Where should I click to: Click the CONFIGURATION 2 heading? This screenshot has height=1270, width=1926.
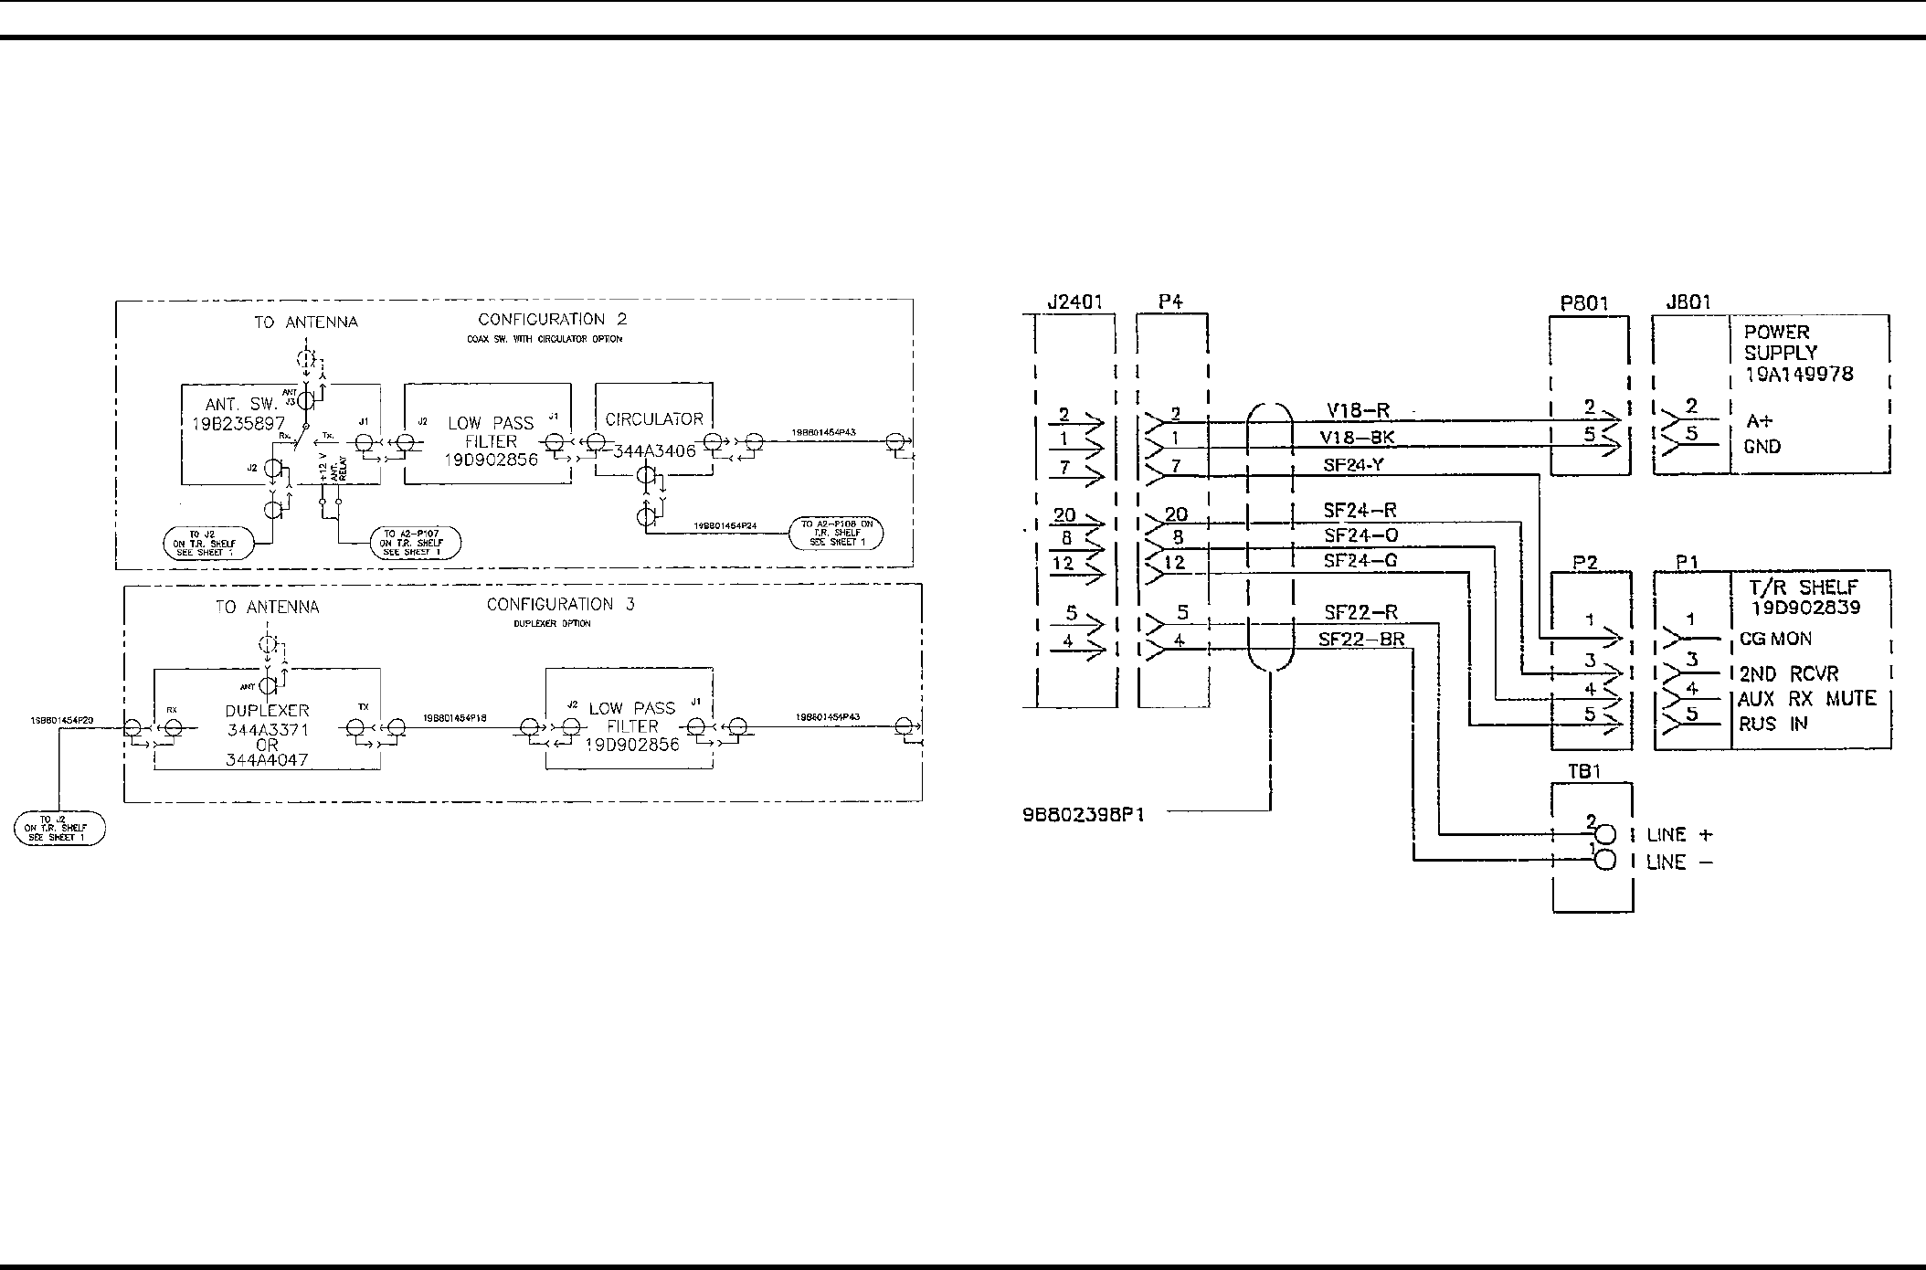point(553,320)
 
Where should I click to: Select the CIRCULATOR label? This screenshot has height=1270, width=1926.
point(654,419)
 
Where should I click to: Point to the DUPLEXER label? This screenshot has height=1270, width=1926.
point(267,710)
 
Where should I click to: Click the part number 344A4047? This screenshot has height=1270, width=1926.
point(267,760)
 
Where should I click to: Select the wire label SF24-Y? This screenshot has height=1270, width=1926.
point(1354,465)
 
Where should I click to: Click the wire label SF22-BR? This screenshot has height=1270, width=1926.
point(1361,640)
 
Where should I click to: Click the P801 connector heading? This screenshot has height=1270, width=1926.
point(1584,303)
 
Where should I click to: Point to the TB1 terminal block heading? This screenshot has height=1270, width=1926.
point(1585,771)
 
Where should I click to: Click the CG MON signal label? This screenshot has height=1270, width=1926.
point(1775,639)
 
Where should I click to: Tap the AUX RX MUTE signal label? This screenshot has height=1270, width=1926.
point(1806,699)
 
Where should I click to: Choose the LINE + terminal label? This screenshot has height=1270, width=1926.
point(1679,835)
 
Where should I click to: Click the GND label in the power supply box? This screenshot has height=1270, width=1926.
point(1762,447)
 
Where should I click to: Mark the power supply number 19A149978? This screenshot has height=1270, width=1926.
point(1798,374)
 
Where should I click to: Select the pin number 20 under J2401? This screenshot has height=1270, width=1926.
point(1064,515)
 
